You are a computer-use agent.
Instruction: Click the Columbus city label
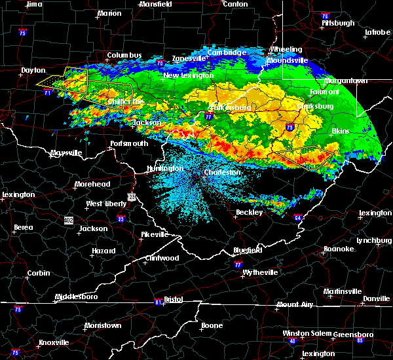point(124,55)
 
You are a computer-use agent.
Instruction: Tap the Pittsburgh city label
point(338,23)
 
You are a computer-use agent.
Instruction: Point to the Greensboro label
point(353,334)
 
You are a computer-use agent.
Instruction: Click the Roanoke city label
point(337,249)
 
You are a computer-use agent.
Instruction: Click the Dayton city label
point(33,70)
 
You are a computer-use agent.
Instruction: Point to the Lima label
point(33,4)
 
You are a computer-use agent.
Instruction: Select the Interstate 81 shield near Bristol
point(158,302)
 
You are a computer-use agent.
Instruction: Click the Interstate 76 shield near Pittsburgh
point(325,15)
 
